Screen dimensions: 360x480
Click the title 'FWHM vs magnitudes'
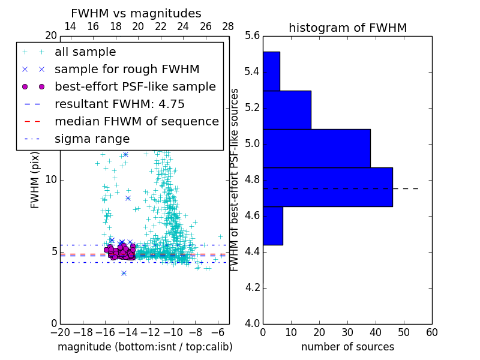pos(136,14)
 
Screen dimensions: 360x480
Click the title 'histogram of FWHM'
pos(347,28)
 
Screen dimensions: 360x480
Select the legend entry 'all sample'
pos(85,52)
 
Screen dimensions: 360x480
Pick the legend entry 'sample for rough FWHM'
pos(127,70)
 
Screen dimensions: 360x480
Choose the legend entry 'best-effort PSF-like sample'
pos(135,87)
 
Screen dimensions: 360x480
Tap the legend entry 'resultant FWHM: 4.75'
pos(119,104)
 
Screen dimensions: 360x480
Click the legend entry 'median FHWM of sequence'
pos(136,122)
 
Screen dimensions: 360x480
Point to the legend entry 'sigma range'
pos(92,139)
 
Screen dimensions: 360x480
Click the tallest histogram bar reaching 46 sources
pos(328,187)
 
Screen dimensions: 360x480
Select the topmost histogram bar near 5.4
pos(271,71)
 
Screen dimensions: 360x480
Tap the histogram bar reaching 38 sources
pos(316,148)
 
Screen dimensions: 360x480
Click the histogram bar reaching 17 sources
pos(287,110)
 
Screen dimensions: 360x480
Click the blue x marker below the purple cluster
pos(124,273)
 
